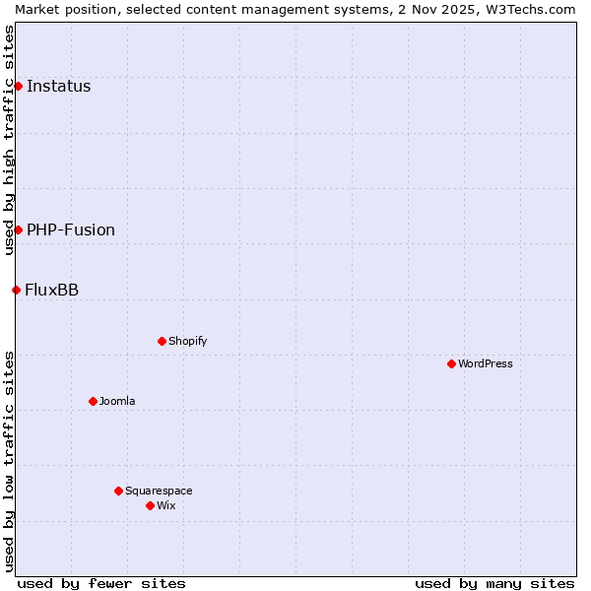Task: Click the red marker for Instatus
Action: pos(18,86)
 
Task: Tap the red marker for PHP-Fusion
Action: pos(18,230)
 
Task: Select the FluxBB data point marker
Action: pos(16,290)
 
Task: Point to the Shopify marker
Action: pos(162,341)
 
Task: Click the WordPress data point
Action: pos(451,363)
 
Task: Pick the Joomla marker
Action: pos(93,401)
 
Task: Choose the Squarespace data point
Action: pos(118,491)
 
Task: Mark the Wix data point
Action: pos(150,505)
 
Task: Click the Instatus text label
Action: pos(58,86)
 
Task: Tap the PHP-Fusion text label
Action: pos(71,230)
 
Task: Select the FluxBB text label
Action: pos(52,290)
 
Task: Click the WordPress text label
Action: pos(486,363)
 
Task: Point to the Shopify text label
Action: pos(187,341)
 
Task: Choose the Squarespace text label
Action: pos(159,491)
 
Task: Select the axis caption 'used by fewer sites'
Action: pos(101,583)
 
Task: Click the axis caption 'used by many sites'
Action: pos(494,583)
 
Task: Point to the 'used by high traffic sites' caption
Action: pos(9,140)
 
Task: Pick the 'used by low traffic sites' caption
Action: pos(9,460)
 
